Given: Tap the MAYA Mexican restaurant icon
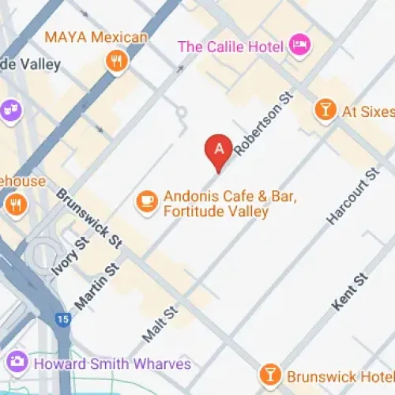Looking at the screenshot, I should click(117, 62).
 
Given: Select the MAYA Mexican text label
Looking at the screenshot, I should click(96, 37).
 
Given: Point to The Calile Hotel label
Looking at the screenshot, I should click(231, 46).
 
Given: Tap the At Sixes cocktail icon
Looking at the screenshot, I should click(324, 111).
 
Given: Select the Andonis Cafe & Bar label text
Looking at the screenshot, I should click(216, 204).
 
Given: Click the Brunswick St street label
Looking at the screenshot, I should click(90, 215).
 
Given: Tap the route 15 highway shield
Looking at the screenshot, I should click(62, 320).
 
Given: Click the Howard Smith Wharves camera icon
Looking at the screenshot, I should click(15, 363).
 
